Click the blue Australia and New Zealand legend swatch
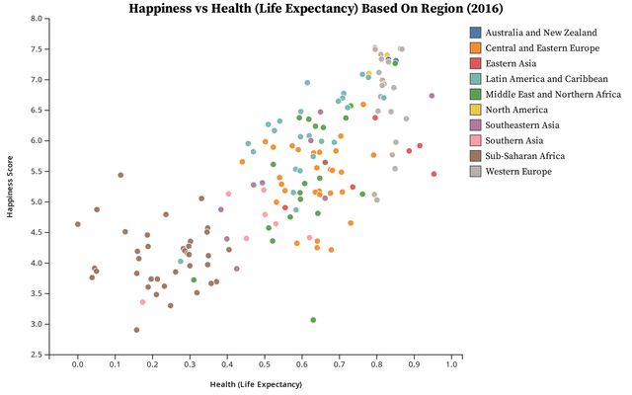click(476, 32)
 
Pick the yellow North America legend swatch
click(476, 110)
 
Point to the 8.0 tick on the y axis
click(35, 19)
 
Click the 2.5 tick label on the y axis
click(35, 355)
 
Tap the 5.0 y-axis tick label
click(35, 201)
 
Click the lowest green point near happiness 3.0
click(313, 320)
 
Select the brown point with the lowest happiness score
click(136, 330)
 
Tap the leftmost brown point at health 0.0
click(78, 224)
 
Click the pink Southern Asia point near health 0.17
click(142, 302)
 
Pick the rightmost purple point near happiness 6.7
click(432, 96)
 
